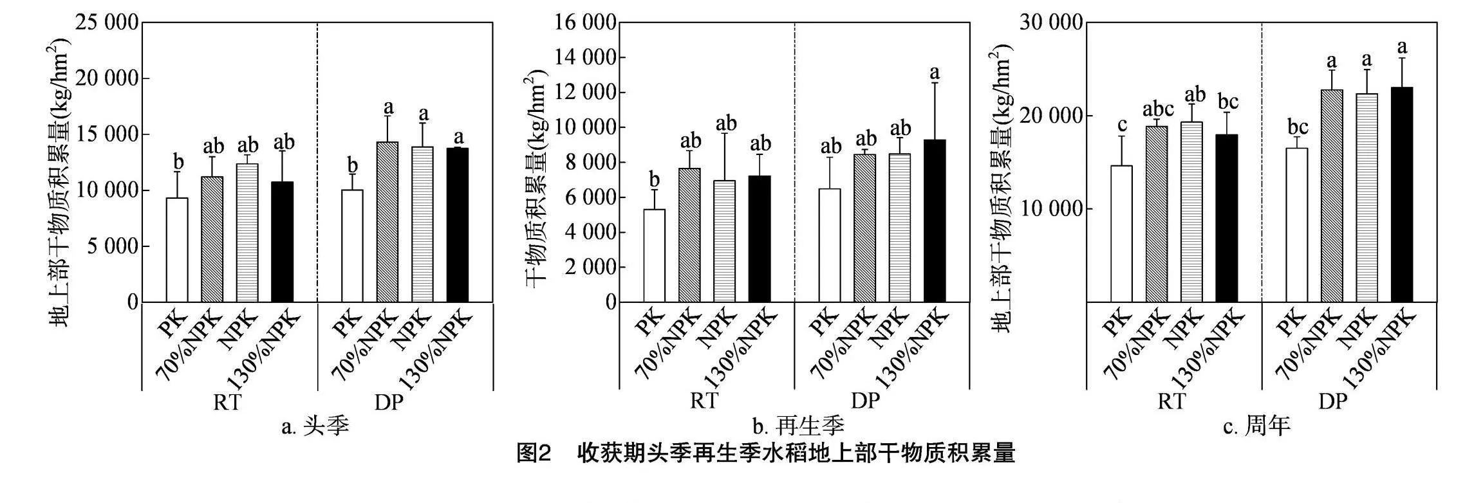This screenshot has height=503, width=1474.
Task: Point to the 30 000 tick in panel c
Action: (1050, 23)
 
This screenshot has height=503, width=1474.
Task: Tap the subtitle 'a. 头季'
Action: (315, 426)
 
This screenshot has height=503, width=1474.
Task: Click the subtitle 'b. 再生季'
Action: (798, 426)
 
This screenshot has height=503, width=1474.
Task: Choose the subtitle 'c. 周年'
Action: (1257, 426)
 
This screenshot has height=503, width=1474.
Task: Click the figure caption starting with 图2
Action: (766, 453)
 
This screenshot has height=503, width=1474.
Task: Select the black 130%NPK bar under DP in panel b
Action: (935, 221)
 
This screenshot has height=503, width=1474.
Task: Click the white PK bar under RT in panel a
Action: (177, 250)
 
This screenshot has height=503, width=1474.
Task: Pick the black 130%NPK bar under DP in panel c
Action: (1402, 195)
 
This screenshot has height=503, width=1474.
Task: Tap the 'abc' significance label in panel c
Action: (1158, 109)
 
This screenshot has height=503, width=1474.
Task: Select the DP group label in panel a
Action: (389, 402)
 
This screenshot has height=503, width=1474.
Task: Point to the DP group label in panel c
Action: (1333, 401)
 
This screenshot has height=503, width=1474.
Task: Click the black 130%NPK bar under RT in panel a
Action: (282, 242)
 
